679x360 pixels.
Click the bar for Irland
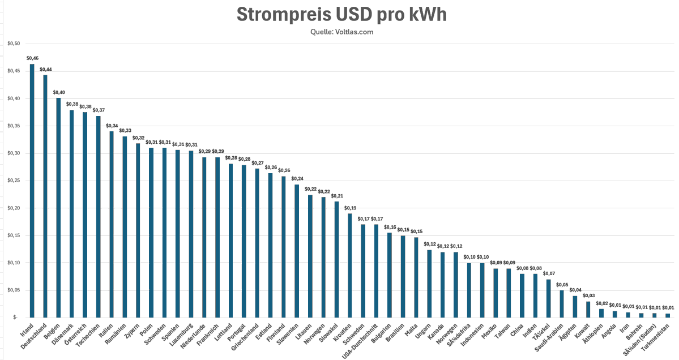[32, 191]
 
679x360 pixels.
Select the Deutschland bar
[45, 196]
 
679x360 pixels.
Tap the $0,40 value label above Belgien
[59, 93]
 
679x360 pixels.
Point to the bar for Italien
[112, 225]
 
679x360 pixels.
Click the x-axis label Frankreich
[207, 335]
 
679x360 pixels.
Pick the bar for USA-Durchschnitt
[376, 271]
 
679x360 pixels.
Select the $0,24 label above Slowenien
[297, 179]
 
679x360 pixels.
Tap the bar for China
[522, 295]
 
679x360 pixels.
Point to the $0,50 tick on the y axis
[14, 44]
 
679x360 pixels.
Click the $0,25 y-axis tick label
[14, 181]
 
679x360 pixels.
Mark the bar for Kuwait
[588, 310]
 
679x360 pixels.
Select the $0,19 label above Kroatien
[350, 208]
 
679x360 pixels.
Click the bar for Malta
[416, 277]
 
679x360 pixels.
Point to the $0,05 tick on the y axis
[14, 290]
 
